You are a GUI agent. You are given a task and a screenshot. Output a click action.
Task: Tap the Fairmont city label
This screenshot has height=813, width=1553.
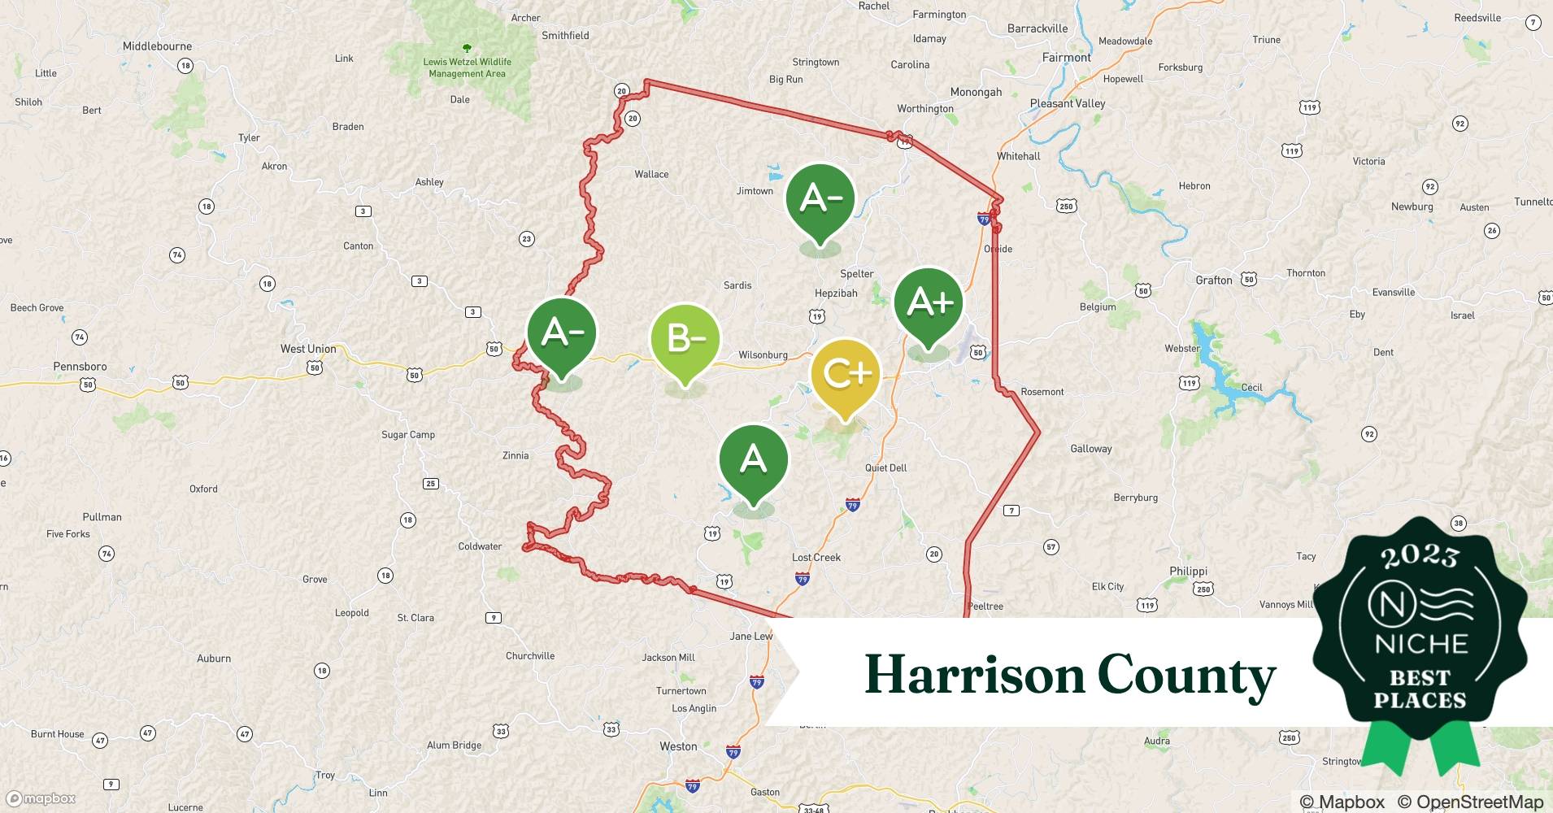1067,58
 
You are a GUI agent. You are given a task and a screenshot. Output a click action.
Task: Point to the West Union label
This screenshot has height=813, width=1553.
308,349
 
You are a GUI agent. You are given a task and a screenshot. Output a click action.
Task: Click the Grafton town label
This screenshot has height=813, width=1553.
1213,280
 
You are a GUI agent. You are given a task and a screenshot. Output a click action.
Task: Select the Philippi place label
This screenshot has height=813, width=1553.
1188,572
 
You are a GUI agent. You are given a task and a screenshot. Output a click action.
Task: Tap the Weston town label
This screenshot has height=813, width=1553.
678,746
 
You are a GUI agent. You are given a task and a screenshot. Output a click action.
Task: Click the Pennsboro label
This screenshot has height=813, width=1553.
80,367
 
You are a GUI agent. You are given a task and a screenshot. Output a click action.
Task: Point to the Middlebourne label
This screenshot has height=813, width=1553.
157,46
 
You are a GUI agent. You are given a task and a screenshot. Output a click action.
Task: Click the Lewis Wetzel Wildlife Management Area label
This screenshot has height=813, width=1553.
468,67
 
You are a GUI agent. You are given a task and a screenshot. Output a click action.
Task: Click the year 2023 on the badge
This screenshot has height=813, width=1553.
1419,556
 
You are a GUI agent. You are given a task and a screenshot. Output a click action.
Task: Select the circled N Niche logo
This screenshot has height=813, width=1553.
1391,604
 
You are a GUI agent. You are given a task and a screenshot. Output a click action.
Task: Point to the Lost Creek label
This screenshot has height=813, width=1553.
816,558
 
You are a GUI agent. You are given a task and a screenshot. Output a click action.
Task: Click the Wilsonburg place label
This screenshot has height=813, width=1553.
763,355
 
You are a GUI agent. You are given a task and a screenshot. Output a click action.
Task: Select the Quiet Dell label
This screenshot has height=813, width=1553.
885,468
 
